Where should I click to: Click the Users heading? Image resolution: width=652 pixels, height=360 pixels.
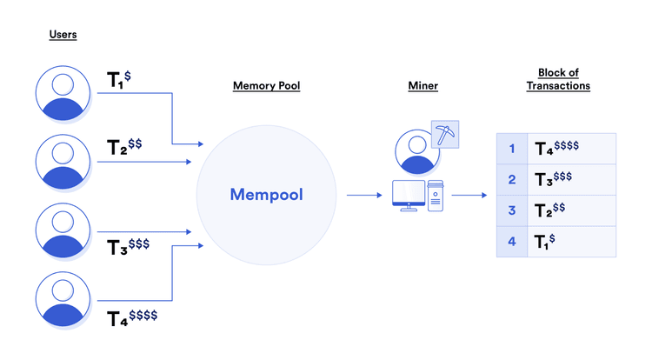tap(63, 35)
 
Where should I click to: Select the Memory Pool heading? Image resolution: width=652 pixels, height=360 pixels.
tap(266, 86)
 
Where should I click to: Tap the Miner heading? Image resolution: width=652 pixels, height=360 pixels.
tap(422, 86)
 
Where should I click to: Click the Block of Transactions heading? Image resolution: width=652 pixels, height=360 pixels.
tap(558, 79)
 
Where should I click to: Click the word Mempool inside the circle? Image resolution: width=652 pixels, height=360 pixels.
tap(266, 195)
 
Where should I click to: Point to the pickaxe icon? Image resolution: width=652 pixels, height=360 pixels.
tap(444, 136)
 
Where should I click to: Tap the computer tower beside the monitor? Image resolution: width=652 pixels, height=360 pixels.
tap(435, 195)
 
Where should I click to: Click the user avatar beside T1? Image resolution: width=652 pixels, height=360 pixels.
tap(63, 92)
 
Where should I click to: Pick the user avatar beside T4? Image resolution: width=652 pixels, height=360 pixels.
tap(63, 299)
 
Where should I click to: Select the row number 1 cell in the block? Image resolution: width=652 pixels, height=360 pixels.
tap(512, 149)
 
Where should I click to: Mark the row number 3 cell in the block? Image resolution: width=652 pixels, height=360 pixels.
tap(512, 210)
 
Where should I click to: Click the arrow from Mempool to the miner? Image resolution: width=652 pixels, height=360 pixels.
tap(364, 195)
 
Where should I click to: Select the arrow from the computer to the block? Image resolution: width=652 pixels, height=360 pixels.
tap(469, 195)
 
